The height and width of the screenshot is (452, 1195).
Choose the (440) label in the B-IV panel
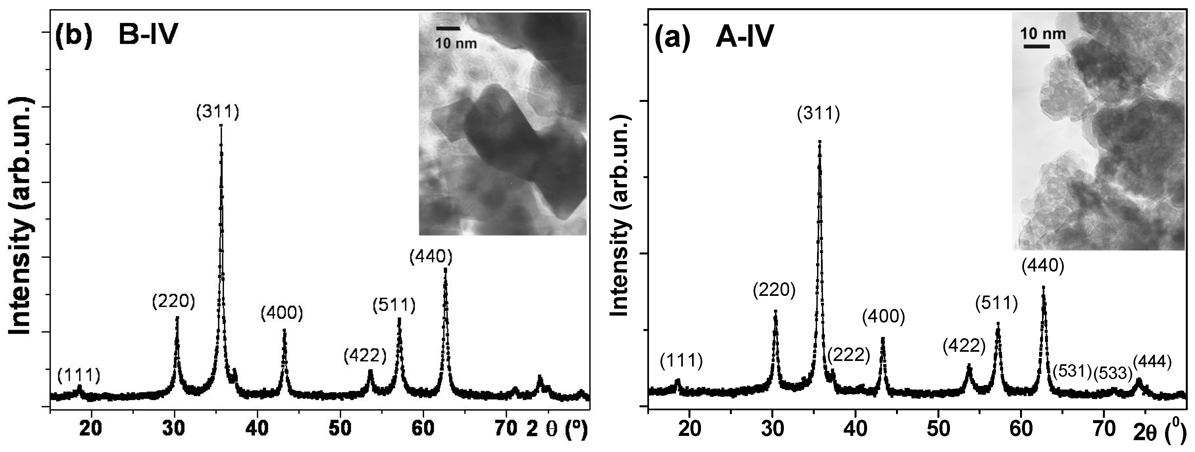point(431,256)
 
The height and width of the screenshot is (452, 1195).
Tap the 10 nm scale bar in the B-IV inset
point(448,29)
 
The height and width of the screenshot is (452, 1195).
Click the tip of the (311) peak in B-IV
point(221,126)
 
